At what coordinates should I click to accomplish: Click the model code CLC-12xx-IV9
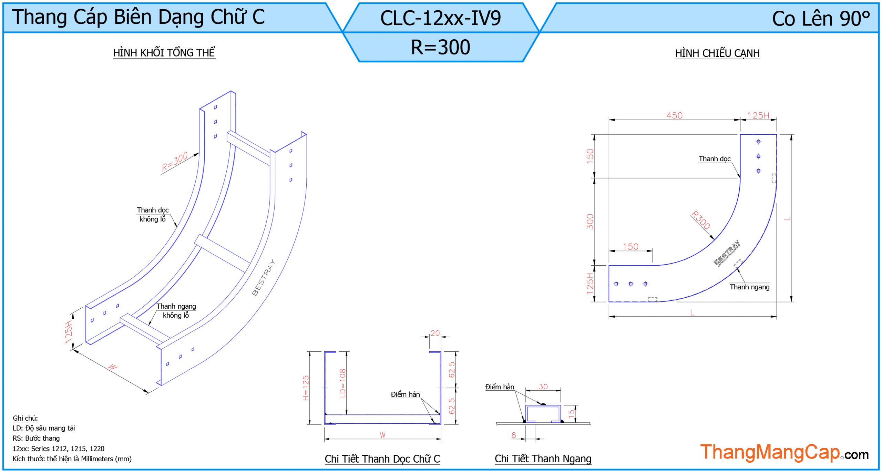click(440, 18)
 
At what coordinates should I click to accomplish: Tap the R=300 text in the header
click(441, 47)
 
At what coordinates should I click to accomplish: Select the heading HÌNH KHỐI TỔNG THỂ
click(164, 52)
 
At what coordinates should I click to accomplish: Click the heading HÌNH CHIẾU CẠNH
click(717, 53)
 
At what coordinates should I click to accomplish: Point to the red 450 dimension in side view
click(674, 115)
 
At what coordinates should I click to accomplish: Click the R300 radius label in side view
click(701, 220)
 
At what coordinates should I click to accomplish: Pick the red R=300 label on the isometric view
click(175, 162)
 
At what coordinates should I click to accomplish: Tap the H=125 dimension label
click(306, 388)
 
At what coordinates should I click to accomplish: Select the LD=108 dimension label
click(342, 383)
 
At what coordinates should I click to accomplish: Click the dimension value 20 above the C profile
click(435, 333)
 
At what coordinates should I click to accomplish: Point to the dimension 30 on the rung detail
click(543, 387)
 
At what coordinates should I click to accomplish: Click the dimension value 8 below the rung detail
click(514, 435)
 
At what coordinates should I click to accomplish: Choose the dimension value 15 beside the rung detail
click(571, 413)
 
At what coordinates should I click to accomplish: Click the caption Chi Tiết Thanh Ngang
click(543, 459)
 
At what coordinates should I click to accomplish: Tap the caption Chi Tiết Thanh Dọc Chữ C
click(382, 459)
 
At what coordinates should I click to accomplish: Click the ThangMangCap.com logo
click(784, 452)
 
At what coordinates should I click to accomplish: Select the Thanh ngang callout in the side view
click(749, 287)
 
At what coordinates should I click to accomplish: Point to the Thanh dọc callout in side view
click(715, 159)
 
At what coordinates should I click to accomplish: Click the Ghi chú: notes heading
click(25, 418)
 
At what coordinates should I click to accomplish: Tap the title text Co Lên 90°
click(821, 19)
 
